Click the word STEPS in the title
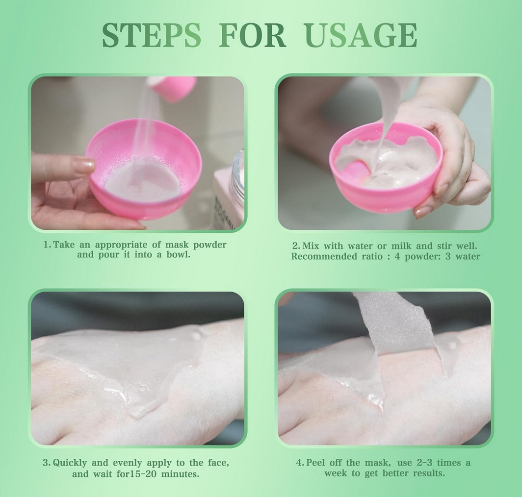tap(152, 35)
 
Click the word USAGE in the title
tap(361, 35)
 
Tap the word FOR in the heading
tap(252, 35)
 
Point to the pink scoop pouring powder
tap(173, 88)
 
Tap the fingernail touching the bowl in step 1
tap(84, 165)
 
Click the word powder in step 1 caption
tap(210, 245)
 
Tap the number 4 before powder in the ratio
tap(397, 256)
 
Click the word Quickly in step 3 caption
tap(70, 463)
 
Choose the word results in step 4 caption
tap(429, 473)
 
